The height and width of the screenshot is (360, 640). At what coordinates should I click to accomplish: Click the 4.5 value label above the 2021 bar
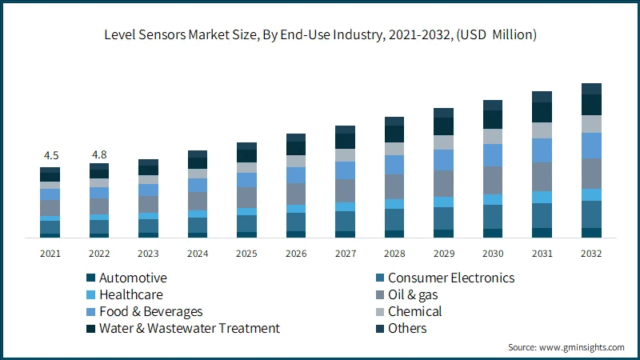50,155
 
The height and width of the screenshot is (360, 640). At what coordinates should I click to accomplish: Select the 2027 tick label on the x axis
345,253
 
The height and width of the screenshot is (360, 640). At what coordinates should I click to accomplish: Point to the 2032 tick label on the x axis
591,253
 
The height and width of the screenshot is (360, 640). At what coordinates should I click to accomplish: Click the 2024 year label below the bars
198,253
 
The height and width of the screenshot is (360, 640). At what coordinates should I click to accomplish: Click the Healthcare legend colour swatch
90,295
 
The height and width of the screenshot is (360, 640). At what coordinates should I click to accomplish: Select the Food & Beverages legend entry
150,311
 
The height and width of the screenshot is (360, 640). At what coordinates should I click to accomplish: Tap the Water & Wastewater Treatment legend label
189,328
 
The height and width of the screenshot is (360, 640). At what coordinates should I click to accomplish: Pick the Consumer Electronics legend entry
450,278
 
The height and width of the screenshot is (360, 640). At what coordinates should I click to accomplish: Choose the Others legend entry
407,328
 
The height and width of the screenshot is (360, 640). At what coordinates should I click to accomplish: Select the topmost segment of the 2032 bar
591,89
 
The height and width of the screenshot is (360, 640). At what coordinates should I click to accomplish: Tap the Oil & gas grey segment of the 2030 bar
493,180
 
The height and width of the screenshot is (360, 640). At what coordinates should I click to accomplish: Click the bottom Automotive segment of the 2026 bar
296,234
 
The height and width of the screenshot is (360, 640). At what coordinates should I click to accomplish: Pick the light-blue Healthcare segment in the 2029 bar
443,202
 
